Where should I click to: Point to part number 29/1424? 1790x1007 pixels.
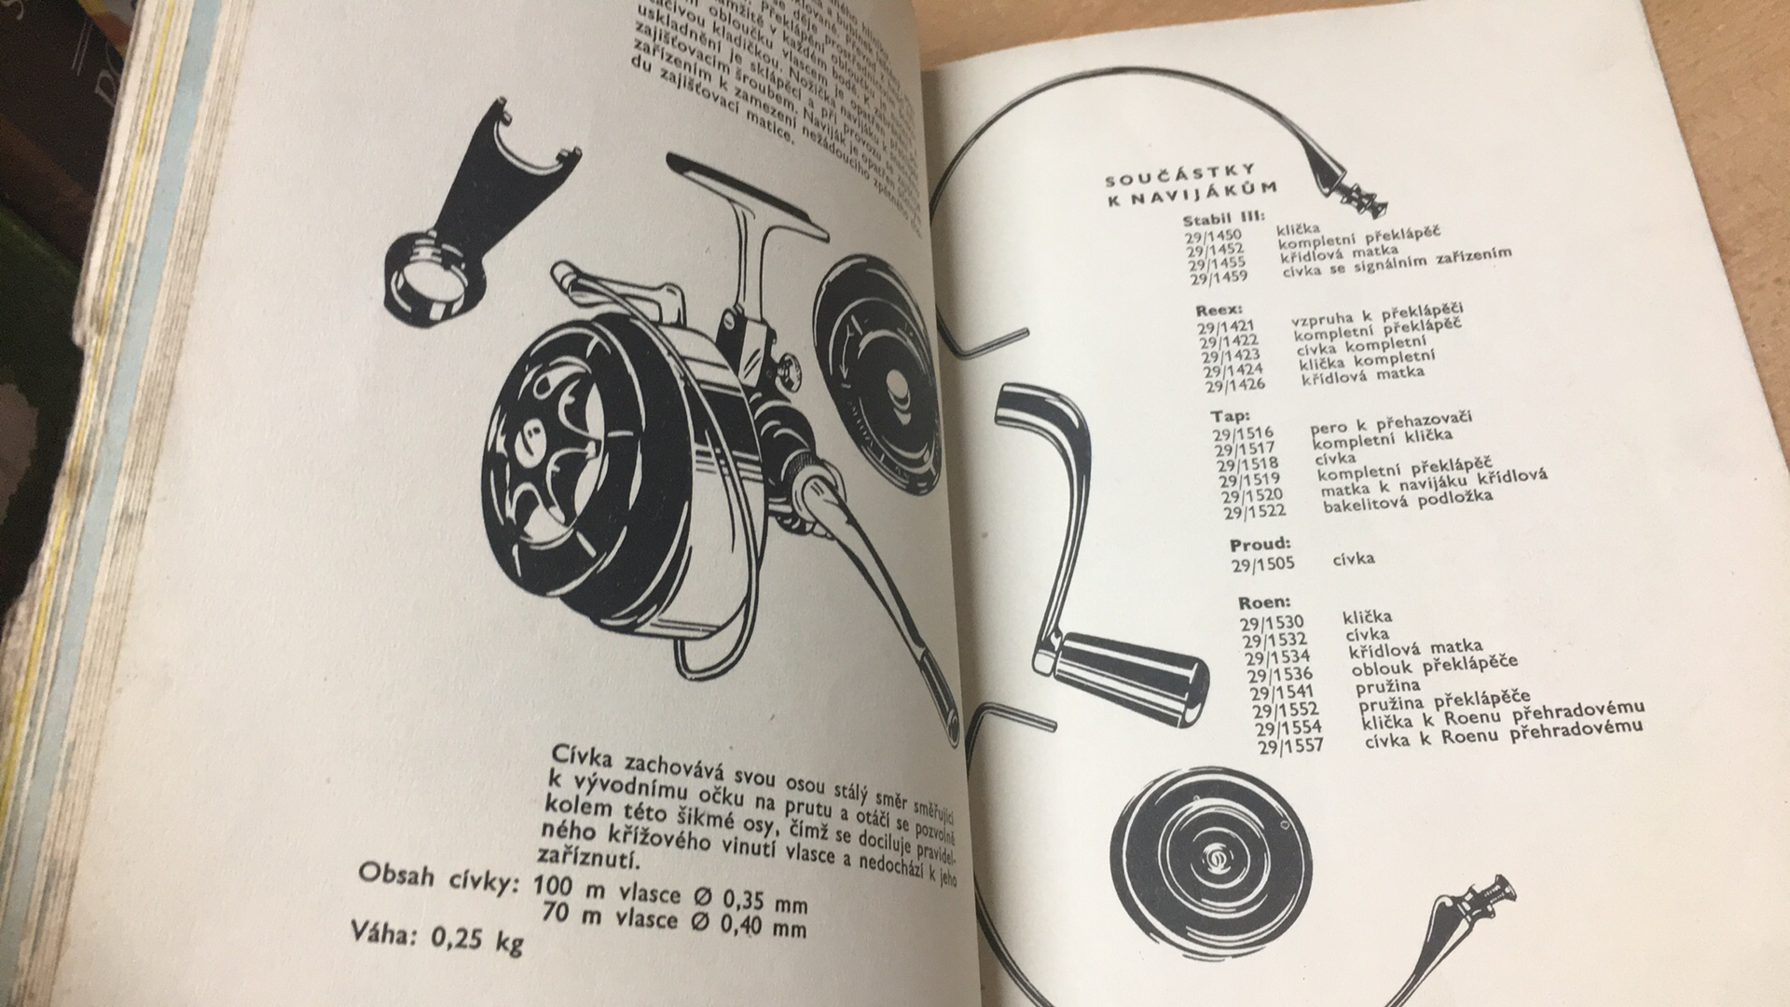coord(1232,370)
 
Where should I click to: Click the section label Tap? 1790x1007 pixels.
coord(1231,416)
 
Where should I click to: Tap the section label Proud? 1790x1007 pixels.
coord(1260,543)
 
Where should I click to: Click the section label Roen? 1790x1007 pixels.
coord(1264,602)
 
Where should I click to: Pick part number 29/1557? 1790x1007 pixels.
coord(1290,746)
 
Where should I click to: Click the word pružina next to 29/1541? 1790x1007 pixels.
coord(1388,685)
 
